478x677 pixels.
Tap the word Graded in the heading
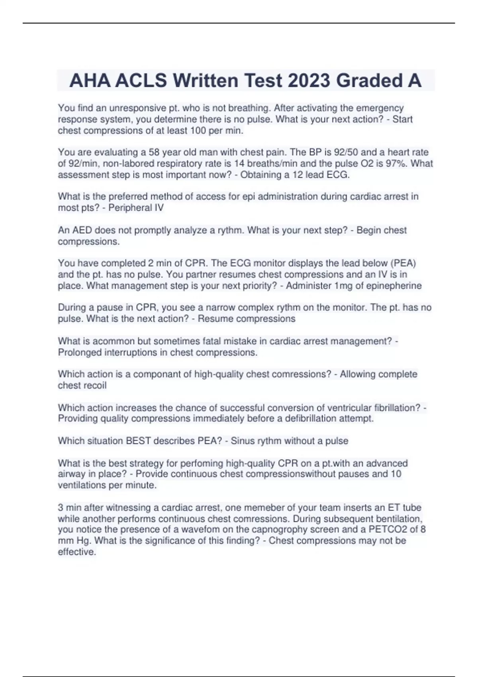point(368,81)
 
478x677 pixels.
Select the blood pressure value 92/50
point(345,153)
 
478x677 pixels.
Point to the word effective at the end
point(76,552)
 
